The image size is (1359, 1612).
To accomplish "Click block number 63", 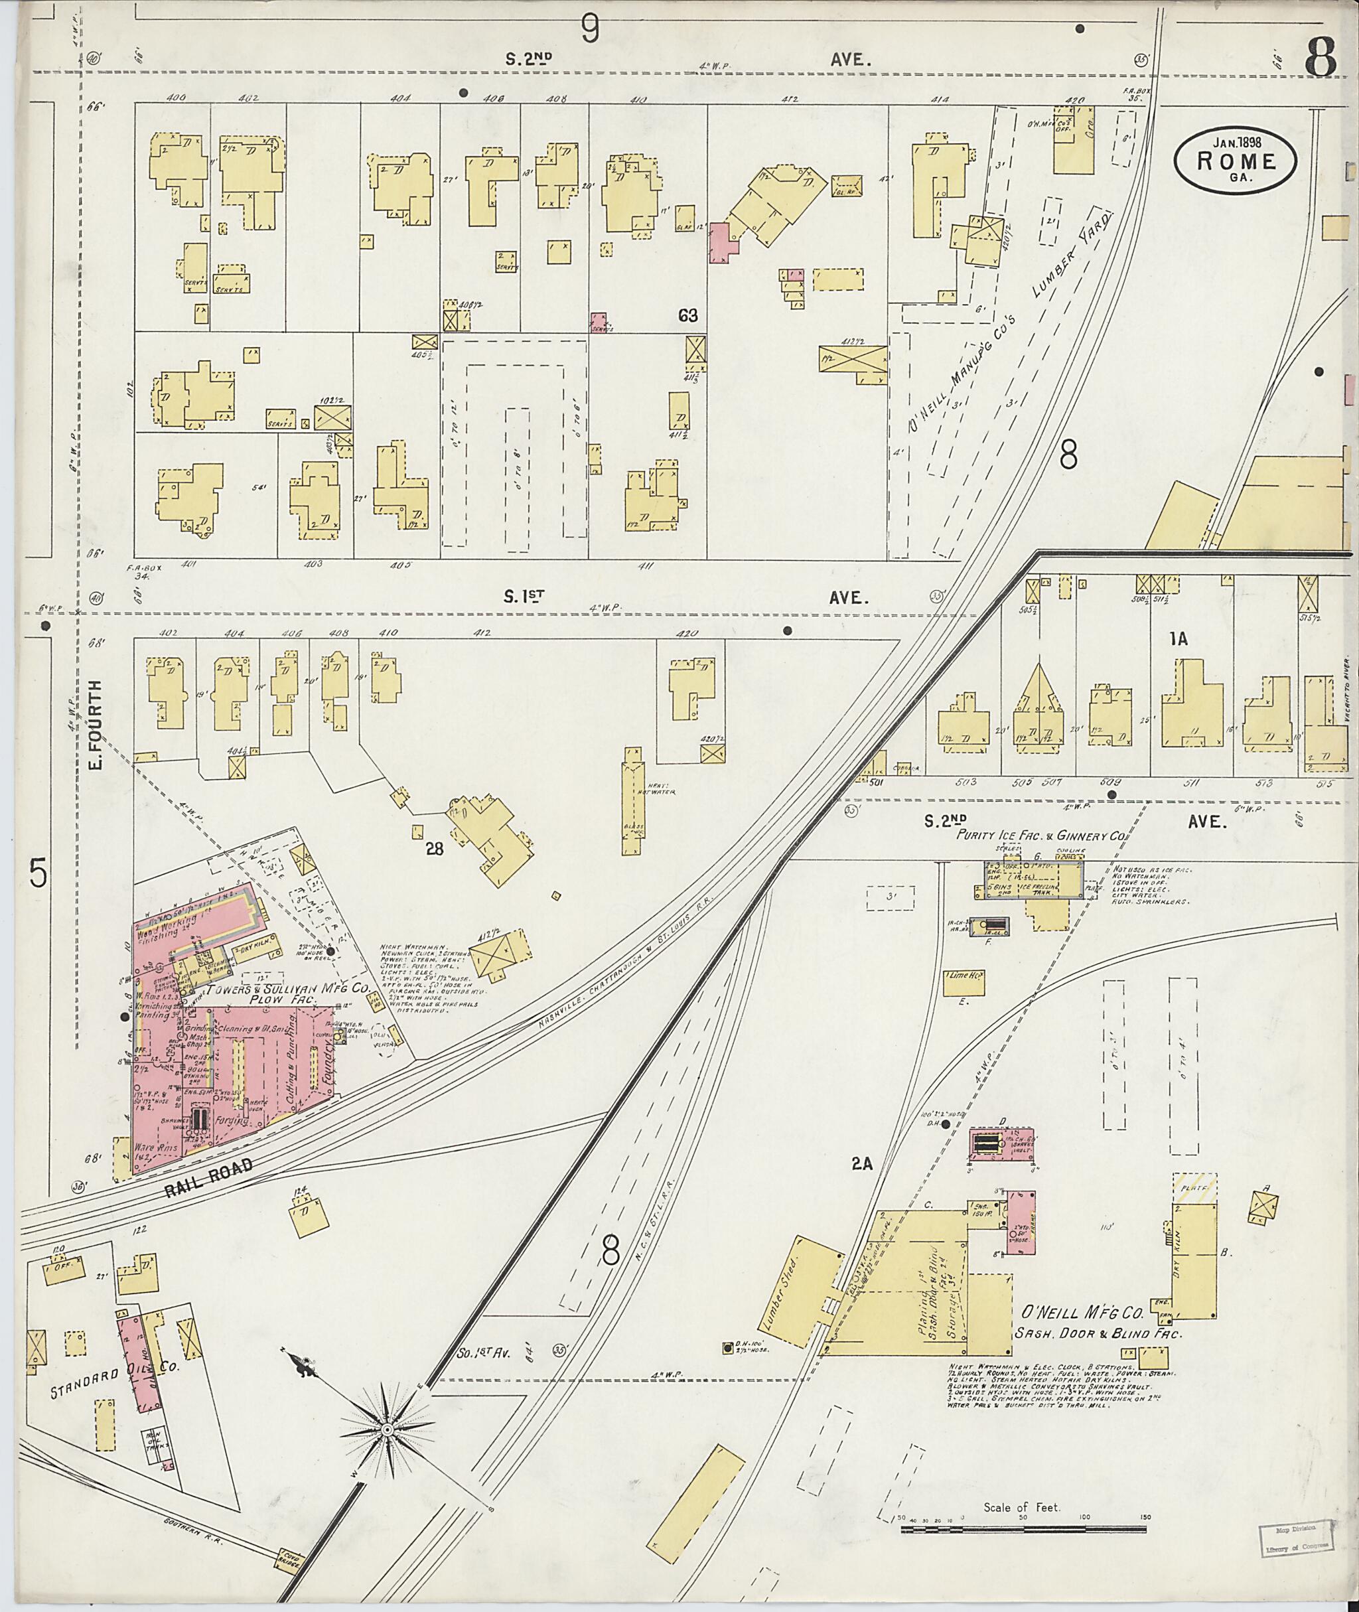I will (x=687, y=315).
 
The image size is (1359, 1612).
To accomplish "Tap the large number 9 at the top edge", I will (x=589, y=30).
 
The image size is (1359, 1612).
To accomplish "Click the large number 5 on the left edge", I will (x=38, y=874).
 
